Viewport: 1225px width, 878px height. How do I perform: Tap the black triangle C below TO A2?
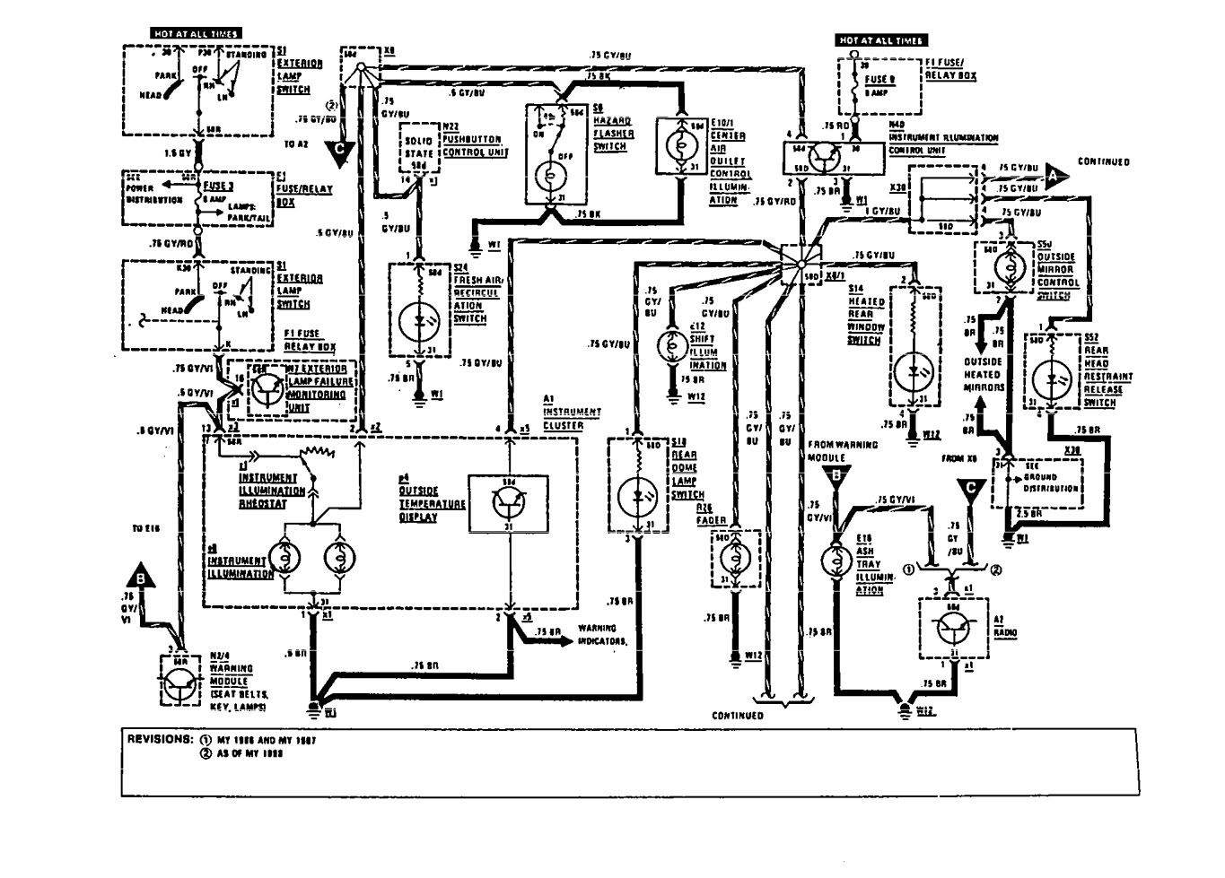tap(339, 154)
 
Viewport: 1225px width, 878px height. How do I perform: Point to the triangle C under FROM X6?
tap(967, 489)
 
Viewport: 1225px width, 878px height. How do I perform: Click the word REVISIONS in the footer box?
tap(159, 740)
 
